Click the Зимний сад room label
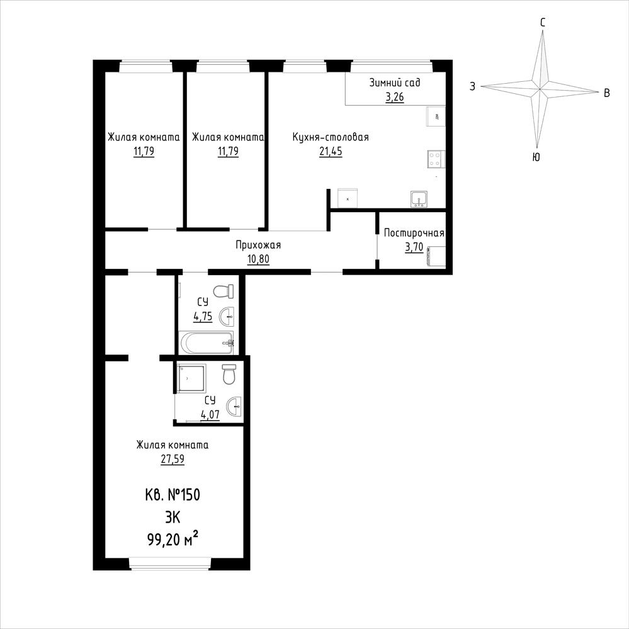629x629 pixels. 395,82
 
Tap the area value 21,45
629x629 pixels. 331,151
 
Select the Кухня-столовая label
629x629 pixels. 331,137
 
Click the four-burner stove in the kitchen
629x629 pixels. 436,158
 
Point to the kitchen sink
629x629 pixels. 419,199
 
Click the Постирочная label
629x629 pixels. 414,233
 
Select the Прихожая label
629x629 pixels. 258,245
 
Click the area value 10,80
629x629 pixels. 258,259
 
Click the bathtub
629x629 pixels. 206,343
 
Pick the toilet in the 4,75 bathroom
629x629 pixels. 224,292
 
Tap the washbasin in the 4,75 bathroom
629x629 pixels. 227,317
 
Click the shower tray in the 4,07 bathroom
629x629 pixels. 191,378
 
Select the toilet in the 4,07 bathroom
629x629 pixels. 229,374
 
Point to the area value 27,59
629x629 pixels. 173,458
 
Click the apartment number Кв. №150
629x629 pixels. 173,495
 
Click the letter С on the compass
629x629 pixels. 543,23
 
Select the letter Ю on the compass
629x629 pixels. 536,157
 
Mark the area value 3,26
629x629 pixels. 395,97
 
